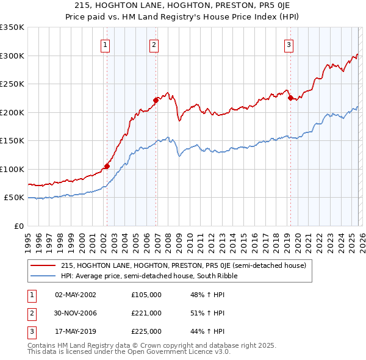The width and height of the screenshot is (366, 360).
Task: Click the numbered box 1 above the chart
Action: pos(106,44)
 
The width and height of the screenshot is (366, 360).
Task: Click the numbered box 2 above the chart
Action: pos(154,44)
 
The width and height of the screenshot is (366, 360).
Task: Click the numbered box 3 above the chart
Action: pos(289,44)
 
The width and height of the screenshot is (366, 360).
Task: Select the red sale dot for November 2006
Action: pos(156,100)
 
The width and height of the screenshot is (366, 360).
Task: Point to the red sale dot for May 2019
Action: pos(290,98)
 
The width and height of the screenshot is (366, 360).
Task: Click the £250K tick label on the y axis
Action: pos(12,84)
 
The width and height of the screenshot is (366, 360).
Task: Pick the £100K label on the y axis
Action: pos(12,169)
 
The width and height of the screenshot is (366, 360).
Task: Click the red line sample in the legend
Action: pos(43,265)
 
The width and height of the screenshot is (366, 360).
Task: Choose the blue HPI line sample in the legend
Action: pos(43,276)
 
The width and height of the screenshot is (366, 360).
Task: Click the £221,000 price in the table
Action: pos(146,313)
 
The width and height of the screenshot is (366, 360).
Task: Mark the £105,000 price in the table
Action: pos(146,295)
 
